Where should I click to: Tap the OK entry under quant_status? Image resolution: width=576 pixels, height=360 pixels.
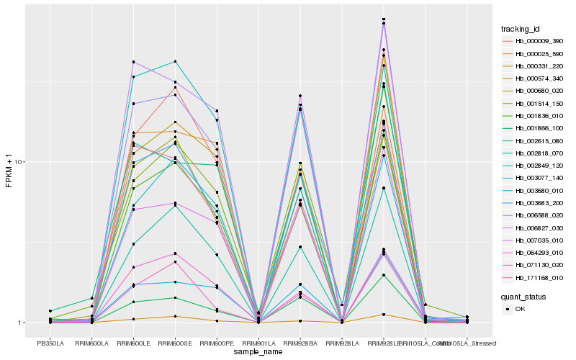(x=520, y=308)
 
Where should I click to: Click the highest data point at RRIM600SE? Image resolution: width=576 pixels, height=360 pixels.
(x=175, y=61)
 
